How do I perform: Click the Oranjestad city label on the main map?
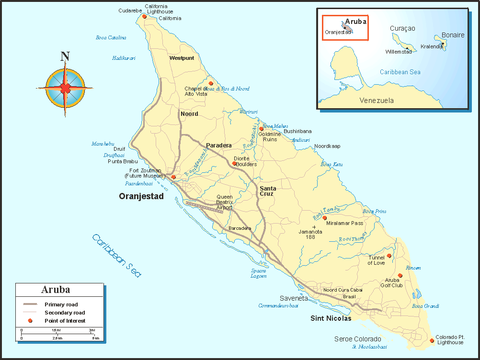click(141, 196)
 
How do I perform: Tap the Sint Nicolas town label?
click(331, 318)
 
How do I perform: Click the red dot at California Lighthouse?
click(144, 16)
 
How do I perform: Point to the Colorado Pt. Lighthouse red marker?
click(432, 341)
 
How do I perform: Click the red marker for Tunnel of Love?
click(389, 256)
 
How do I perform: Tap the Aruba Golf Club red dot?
click(400, 275)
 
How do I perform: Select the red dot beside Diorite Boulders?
click(234, 163)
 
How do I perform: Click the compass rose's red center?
click(65, 88)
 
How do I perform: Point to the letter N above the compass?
click(65, 56)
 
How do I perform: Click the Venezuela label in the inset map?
click(377, 101)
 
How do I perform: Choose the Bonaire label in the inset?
click(453, 35)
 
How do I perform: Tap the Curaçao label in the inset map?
click(402, 29)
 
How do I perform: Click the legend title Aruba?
click(56, 290)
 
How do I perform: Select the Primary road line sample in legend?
click(30, 304)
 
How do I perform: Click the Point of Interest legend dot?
click(30, 321)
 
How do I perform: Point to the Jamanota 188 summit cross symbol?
click(314, 226)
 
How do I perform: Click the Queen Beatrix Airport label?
click(225, 202)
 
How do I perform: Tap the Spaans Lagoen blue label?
click(259, 273)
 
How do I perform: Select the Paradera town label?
click(219, 146)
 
